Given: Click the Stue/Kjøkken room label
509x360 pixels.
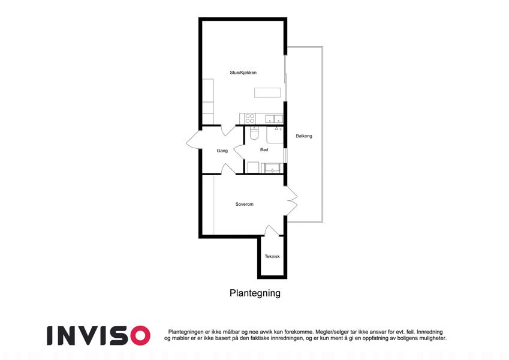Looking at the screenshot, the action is click(x=243, y=73).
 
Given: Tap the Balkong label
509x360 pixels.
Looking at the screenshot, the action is click(x=304, y=136).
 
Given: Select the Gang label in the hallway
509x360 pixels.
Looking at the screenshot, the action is click(x=222, y=151).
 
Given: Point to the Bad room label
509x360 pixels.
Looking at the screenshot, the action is click(x=264, y=150).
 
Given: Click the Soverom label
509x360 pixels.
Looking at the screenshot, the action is click(x=245, y=204).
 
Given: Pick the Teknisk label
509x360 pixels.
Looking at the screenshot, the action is click(x=272, y=256).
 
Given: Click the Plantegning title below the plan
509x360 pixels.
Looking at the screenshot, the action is click(x=255, y=293).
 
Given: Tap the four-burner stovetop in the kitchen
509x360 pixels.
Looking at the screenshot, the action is click(x=250, y=118).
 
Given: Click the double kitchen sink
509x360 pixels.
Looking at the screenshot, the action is click(x=274, y=119).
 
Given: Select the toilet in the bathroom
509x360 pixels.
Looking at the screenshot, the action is click(x=254, y=133).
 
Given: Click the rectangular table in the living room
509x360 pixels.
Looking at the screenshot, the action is click(x=267, y=92).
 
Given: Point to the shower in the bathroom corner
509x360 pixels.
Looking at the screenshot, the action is click(x=275, y=135).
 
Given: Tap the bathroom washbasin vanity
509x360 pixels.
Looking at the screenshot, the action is click(x=272, y=168).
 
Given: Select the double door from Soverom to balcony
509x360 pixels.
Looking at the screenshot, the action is click(x=291, y=200).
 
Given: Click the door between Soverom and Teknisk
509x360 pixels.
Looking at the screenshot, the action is click(x=272, y=230).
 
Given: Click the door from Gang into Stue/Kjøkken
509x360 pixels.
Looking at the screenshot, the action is click(x=228, y=130).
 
